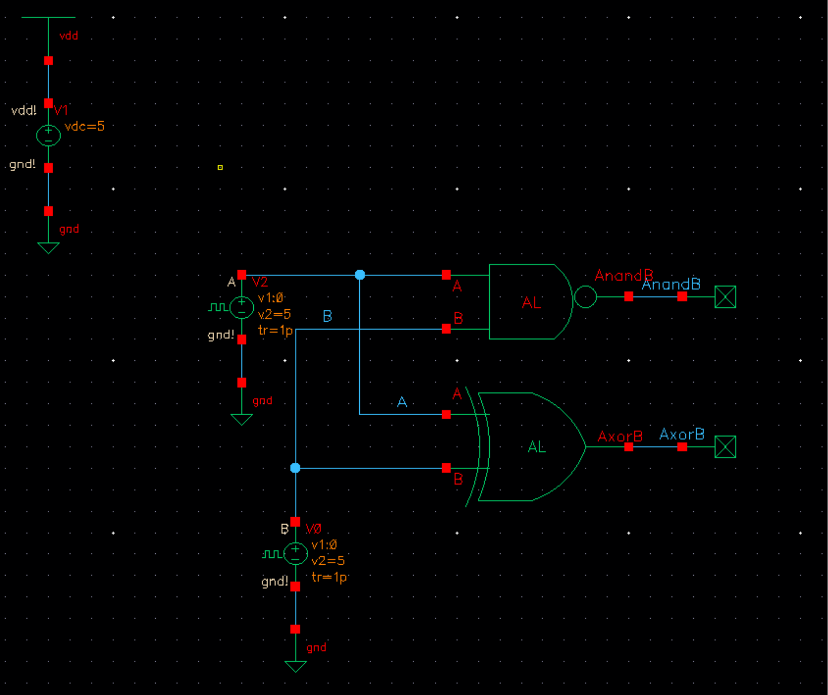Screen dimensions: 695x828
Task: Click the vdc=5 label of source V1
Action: tap(84, 126)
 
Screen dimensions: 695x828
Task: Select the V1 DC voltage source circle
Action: tap(48, 135)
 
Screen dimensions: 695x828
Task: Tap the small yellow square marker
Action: tap(220, 167)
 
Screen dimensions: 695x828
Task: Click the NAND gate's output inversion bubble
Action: tap(585, 297)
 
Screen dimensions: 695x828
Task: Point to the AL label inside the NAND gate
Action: tap(531, 302)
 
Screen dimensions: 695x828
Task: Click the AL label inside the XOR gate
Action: tap(536, 447)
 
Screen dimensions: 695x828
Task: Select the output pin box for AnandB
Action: tap(725, 297)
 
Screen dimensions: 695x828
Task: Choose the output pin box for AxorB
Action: tap(725, 447)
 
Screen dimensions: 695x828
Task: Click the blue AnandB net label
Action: tap(671, 285)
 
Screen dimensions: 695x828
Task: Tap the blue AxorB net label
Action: tap(681, 434)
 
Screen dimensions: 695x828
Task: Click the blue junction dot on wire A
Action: tap(360, 275)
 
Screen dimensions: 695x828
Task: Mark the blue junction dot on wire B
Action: tap(295, 468)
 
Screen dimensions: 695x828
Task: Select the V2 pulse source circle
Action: tap(242, 307)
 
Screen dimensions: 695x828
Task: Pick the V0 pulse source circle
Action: tap(296, 554)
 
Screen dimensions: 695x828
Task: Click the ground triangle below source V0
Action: tap(296, 666)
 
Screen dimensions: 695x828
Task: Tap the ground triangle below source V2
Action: tap(242, 419)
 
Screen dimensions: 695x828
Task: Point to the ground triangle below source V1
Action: tap(48, 247)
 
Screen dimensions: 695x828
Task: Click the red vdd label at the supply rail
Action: tap(68, 36)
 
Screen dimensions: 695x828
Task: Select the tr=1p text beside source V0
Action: tap(329, 577)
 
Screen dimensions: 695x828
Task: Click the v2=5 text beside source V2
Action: tap(274, 314)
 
